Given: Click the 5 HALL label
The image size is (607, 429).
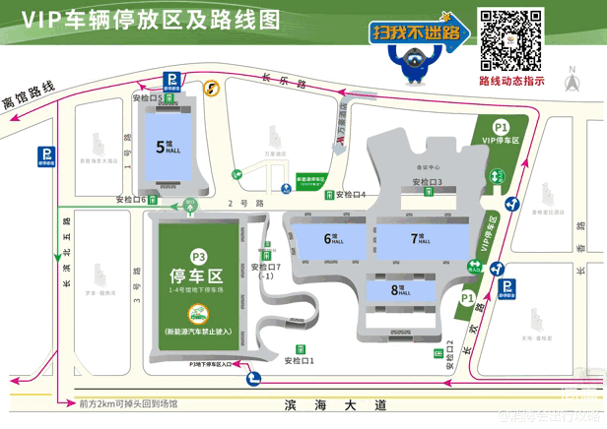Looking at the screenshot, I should tap(163, 146).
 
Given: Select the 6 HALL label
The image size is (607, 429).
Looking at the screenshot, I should tap(330, 239).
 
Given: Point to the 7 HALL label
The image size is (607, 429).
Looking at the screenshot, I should tap(418, 239).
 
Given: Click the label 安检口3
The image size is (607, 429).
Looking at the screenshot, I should tap(427, 181).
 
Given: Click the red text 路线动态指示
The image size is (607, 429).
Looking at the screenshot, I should tap(511, 82).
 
